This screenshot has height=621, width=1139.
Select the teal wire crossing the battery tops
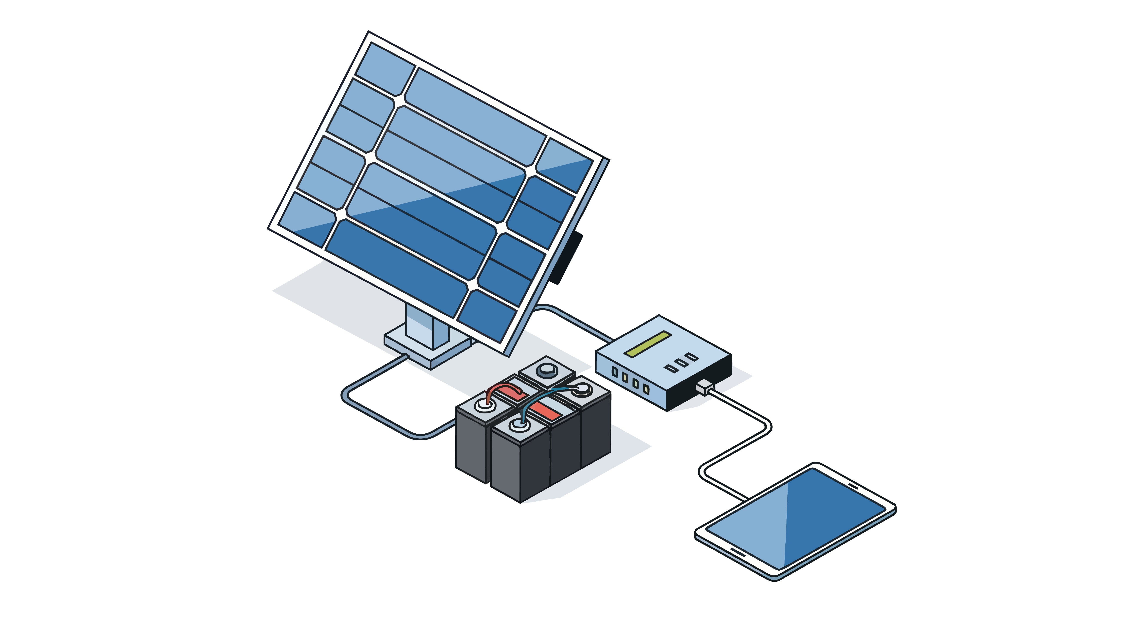tap(544, 395)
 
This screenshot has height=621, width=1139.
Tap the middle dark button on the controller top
tap(681, 362)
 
